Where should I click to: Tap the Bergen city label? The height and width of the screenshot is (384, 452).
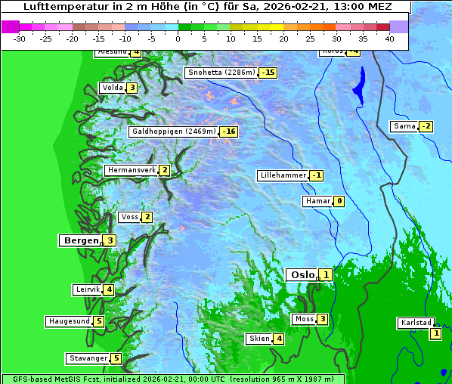pos(79,240)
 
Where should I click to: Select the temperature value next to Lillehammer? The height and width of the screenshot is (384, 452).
pos(317,175)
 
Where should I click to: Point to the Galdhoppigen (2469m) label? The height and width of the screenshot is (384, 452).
pos(174,132)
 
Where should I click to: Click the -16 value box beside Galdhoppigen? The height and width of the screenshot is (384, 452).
pos(229,132)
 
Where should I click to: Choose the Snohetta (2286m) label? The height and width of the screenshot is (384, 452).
pos(221,73)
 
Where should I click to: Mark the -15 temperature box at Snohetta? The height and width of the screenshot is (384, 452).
pos(268,73)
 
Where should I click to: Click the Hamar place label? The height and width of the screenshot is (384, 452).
pos(317,201)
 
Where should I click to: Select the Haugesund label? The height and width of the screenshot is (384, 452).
pos(69,321)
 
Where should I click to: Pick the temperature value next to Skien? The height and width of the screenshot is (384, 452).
pos(279,339)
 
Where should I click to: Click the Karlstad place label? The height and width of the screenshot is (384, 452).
pos(416,323)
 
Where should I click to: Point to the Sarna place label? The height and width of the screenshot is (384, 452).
pos(404,125)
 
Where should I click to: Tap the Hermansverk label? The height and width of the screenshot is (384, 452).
pos(131,170)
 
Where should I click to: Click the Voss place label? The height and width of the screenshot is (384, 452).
pos(129,217)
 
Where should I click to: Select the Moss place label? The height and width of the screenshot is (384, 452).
pos(304,319)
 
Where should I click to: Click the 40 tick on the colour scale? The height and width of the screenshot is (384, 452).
pos(389,38)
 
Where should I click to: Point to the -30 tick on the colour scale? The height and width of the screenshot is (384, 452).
pos(20,38)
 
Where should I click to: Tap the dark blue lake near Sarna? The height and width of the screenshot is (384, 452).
pos(358,85)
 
